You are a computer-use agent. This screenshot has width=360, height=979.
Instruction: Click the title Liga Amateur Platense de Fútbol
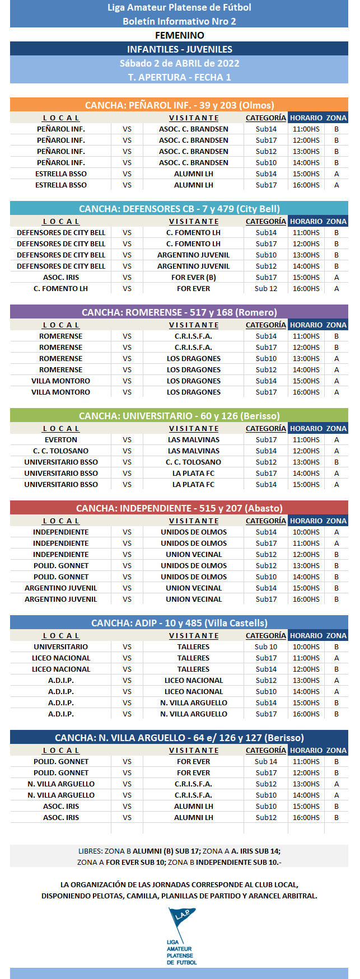click(x=179, y=7)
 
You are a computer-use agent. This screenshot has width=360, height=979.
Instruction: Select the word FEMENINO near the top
click(x=179, y=35)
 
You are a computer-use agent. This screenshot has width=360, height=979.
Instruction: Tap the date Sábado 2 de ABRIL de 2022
click(x=179, y=63)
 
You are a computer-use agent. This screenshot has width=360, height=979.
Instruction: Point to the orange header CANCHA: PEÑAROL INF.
click(x=179, y=105)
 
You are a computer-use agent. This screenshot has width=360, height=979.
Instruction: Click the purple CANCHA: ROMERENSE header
click(x=179, y=312)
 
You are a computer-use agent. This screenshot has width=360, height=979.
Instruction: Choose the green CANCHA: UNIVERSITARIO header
click(x=179, y=416)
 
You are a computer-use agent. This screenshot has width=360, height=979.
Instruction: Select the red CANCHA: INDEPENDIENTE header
click(x=179, y=508)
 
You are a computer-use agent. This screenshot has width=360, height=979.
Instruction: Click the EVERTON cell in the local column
click(x=61, y=440)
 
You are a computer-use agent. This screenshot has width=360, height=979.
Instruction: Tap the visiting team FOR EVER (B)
click(x=194, y=278)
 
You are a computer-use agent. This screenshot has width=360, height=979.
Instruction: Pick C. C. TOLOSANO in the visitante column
click(x=194, y=462)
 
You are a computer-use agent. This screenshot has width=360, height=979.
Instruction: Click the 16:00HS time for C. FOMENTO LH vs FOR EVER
click(x=306, y=289)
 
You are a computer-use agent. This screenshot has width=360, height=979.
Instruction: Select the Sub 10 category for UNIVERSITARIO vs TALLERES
click(x=266, y=647)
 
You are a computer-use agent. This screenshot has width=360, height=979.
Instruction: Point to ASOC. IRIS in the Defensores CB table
click(x=61, y=278)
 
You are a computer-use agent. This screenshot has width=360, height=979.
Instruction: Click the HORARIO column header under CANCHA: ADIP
click(x=306, y=636)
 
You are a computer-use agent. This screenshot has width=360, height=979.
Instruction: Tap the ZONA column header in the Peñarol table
click(x=336, y=118)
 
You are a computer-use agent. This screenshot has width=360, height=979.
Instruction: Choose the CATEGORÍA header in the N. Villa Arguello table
click(x=266, y=751)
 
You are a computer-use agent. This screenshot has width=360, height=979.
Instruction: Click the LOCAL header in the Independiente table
click(x=61, y=521)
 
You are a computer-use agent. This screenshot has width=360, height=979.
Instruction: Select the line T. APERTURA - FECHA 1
click(x=179, y=77)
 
